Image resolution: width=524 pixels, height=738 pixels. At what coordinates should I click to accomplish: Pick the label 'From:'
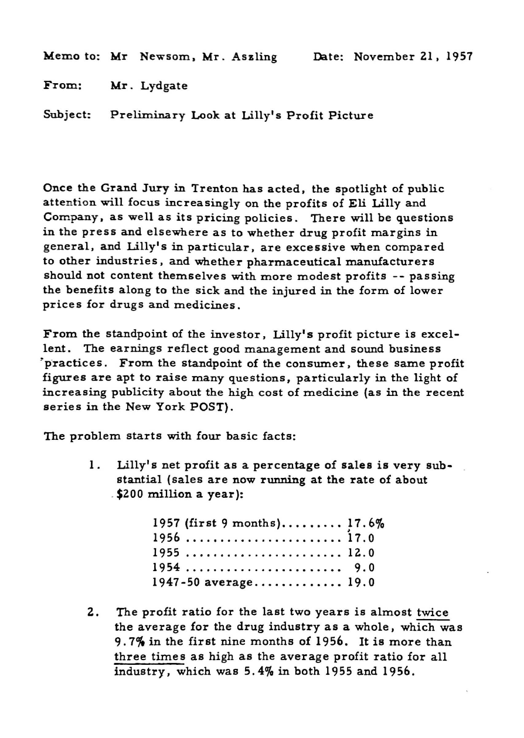[59, 86]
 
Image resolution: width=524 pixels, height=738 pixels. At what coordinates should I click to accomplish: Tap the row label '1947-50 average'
[202, 582]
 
